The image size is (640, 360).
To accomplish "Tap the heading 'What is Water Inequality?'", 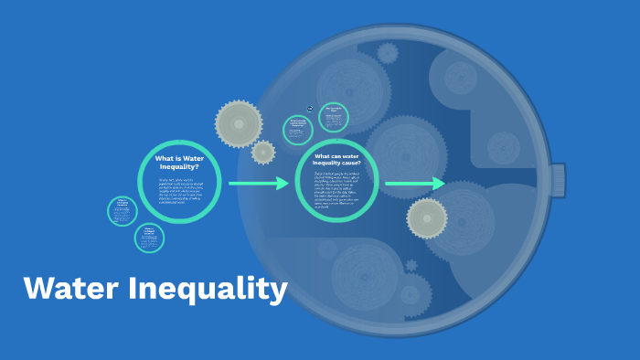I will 180,162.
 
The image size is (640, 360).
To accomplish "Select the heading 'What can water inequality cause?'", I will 337,159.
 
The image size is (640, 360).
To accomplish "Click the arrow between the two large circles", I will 258,184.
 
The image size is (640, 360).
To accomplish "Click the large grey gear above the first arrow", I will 239,123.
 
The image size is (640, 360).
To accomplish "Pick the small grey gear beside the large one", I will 263,153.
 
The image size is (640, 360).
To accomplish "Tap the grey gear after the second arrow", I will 427,217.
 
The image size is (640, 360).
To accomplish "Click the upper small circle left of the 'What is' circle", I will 122,211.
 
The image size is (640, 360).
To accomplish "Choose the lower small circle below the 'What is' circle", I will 149,238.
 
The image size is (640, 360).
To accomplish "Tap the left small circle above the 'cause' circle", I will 298,130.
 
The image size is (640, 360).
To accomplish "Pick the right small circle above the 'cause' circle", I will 334,117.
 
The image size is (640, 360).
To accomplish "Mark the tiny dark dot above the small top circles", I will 310,109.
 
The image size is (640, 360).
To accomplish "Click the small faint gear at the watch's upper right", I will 503,147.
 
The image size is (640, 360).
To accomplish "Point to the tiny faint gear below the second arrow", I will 411,265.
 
